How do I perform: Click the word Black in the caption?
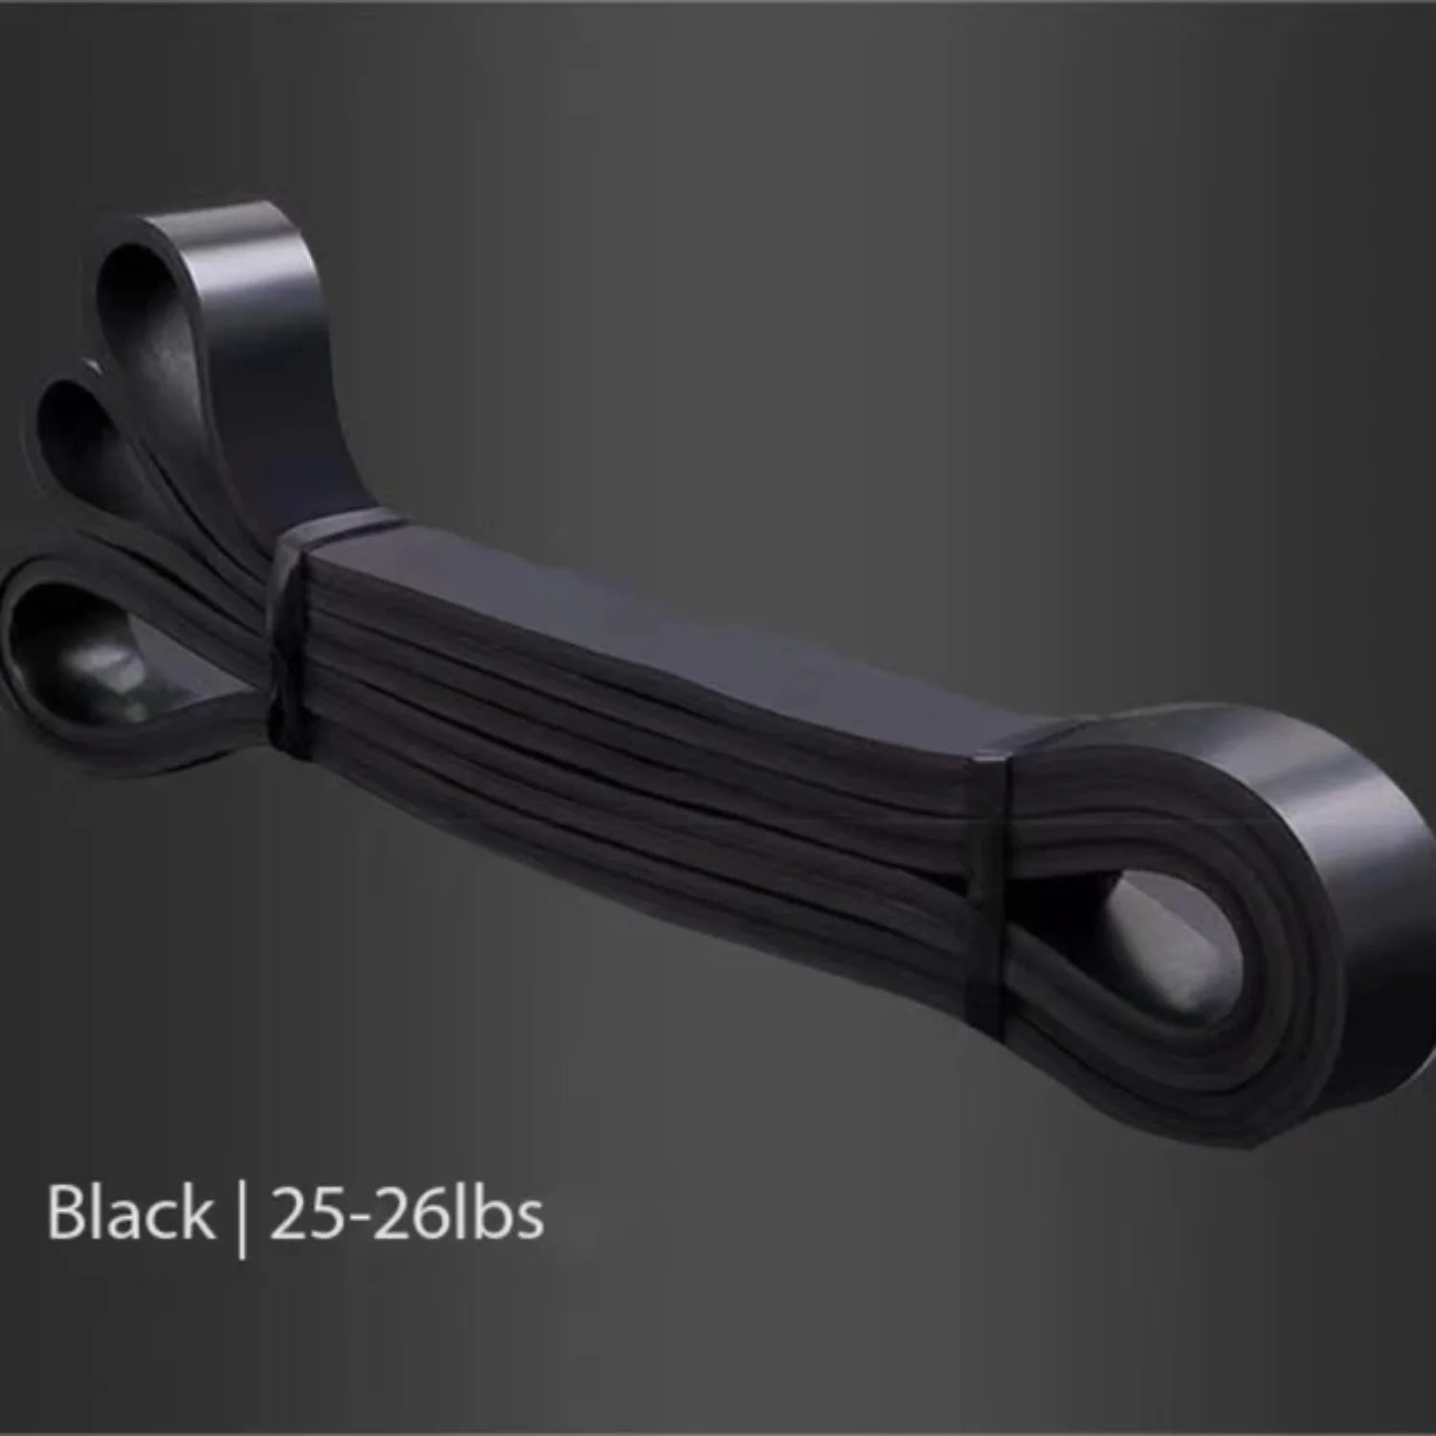pyautogui.click(x=130, y=1213)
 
